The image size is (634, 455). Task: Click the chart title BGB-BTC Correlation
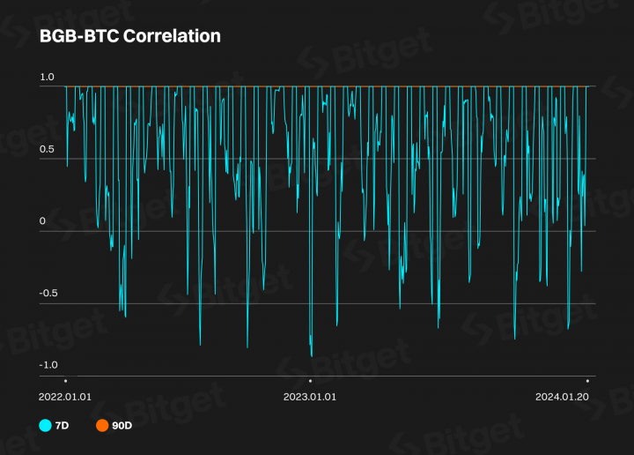point(129,36)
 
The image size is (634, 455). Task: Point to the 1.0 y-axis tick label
point(48,78)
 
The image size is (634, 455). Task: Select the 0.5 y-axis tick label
point(48,150)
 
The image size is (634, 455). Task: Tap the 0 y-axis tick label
point(42,220)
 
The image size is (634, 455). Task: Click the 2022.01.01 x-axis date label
point(65,397)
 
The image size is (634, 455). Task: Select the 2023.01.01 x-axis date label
point(309,397)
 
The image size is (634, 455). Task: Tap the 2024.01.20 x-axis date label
point(562,397)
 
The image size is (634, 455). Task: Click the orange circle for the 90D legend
point(102,426)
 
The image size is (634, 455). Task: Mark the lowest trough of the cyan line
point(312,356)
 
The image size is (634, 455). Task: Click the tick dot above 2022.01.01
point(65,380)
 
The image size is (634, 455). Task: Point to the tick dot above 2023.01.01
point(309,380)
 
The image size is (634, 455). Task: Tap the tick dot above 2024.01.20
point(587,380)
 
